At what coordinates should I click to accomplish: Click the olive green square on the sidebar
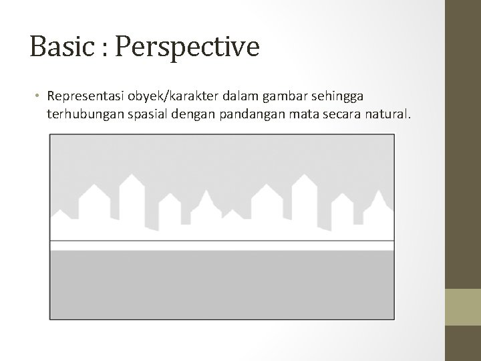coord(463,307)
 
